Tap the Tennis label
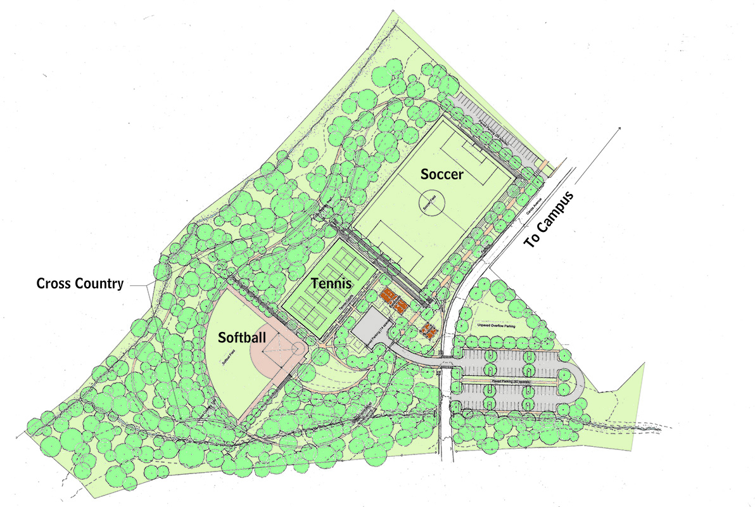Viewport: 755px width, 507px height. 331,284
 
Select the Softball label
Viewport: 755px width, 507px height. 242,337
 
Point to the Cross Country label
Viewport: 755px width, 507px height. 80,283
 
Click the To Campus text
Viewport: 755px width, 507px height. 550,219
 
